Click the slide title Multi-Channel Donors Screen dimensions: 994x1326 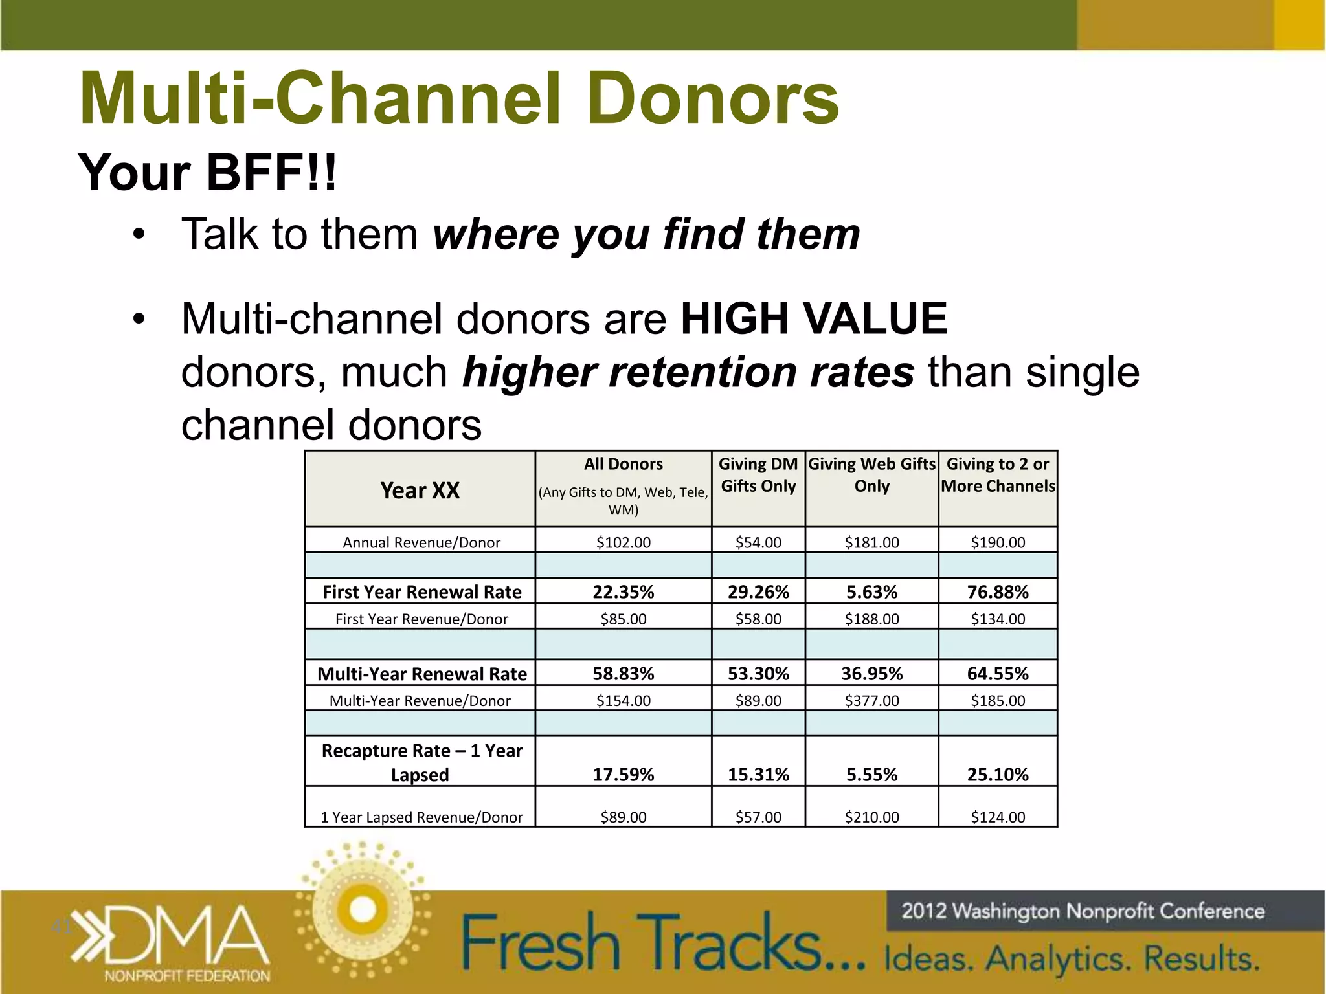coord(459,98)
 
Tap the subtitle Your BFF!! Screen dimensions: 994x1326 coord(207,173)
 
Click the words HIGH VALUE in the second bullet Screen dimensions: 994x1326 coord(813,318)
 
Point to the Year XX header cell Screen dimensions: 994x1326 coord(420,491)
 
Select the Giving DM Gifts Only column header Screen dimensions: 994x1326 coord(758,475)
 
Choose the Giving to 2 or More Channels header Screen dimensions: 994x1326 coord(998,475)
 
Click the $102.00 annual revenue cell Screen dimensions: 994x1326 coord(623,542)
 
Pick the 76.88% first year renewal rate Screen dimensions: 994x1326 coord(998,592)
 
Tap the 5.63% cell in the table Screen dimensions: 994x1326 coord(871,592)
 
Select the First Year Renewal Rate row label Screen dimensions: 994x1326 coord(421,592)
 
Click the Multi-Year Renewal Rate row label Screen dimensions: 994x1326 coord(421,674)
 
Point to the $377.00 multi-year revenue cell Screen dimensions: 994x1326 coord(871,700)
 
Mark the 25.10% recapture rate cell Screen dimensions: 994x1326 coord(998,774)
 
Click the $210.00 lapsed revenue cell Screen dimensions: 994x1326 coord(871,817)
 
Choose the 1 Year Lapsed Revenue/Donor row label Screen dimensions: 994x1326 coord(421,817)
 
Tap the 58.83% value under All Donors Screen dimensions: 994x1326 coord(623,674)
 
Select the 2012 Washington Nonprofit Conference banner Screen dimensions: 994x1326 coord(1083,911)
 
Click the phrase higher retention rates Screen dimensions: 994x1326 coord(688,373)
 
